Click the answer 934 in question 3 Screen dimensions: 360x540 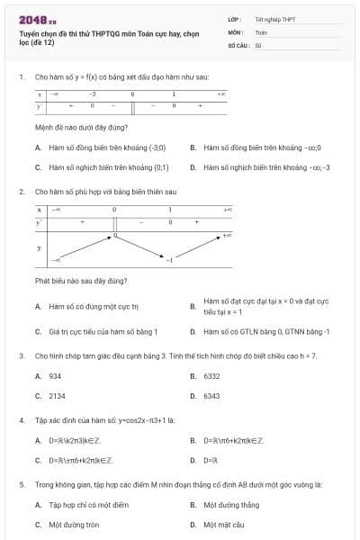click(55, 376)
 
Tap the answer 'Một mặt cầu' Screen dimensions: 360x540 click(224, 524)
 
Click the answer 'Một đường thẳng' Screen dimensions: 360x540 click(231, 505)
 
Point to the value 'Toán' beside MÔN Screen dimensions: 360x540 click(261, 31)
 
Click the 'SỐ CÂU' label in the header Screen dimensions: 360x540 click(238, 44)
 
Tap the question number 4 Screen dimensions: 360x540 click(21, 420)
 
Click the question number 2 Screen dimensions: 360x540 click(21, 192)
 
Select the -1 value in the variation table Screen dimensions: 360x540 click(168, 260)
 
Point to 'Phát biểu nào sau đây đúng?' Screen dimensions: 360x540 click(81, 281)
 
